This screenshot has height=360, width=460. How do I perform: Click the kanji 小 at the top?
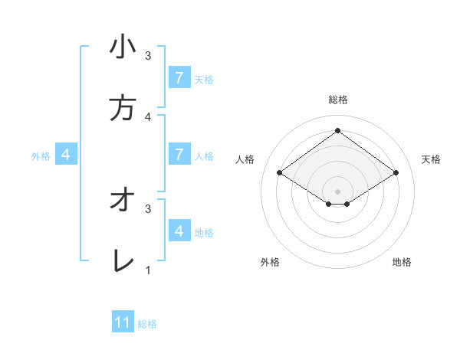(x=123, y=47)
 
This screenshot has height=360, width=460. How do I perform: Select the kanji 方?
(x=123, y=108)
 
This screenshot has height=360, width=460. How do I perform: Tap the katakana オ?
(x=123, y=200)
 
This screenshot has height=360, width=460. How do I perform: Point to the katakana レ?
(x=123, y=261)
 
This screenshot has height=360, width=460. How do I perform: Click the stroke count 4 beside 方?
(x=148, y=116)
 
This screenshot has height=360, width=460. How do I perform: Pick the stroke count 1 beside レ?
(x=148, y=270)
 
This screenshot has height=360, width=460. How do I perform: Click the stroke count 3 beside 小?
(x=148, y=55)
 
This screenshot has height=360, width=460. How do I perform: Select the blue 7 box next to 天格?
(x=179, y=77)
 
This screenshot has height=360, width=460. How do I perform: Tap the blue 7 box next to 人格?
(x=179, y=154)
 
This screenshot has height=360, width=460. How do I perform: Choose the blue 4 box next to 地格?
(x=179, y=231)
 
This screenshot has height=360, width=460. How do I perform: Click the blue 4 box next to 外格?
(x=66, y=154)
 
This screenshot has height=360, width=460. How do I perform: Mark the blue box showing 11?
(x=123, y=322)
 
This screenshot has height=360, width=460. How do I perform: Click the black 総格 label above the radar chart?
(x=337, y=100)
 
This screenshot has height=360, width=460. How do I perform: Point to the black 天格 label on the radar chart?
(x=432, y=159)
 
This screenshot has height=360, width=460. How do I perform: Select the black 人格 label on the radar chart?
(x=245, y=159)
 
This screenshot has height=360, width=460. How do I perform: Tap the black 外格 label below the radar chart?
(x=270, y=262)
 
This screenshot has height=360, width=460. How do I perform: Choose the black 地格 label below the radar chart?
(x=402, y=262)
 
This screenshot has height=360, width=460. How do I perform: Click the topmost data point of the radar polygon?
(x=337, y=131)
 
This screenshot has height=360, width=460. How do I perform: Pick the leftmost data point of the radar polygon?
(x=280, y=173)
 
